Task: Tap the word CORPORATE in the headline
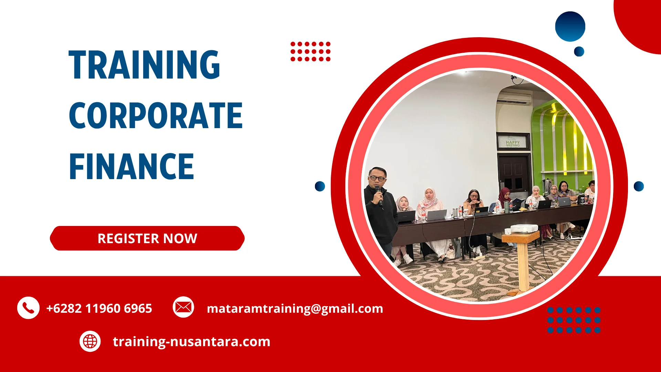click(x=156, y=116)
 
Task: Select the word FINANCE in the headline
click(x=132, y=167)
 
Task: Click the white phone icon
click(x=28, y=308)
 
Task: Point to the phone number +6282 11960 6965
click(x=99, y=308)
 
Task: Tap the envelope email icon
click(x=183, y=307)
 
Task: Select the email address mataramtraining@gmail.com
click(x=295, y=308)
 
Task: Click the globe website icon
click(x=90, y=341)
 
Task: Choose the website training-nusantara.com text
click(x=191, y=342)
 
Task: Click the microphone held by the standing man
click(x=379, y=195)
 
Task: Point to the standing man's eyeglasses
click(x=377, y=178)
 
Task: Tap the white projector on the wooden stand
click(x=524, y=228)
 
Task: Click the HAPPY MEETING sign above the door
click(x=513, y=143)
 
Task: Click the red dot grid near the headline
click(x=311, y=52)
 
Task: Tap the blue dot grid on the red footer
click(x=574, y=320)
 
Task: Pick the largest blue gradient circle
click(x=570, y=27)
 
